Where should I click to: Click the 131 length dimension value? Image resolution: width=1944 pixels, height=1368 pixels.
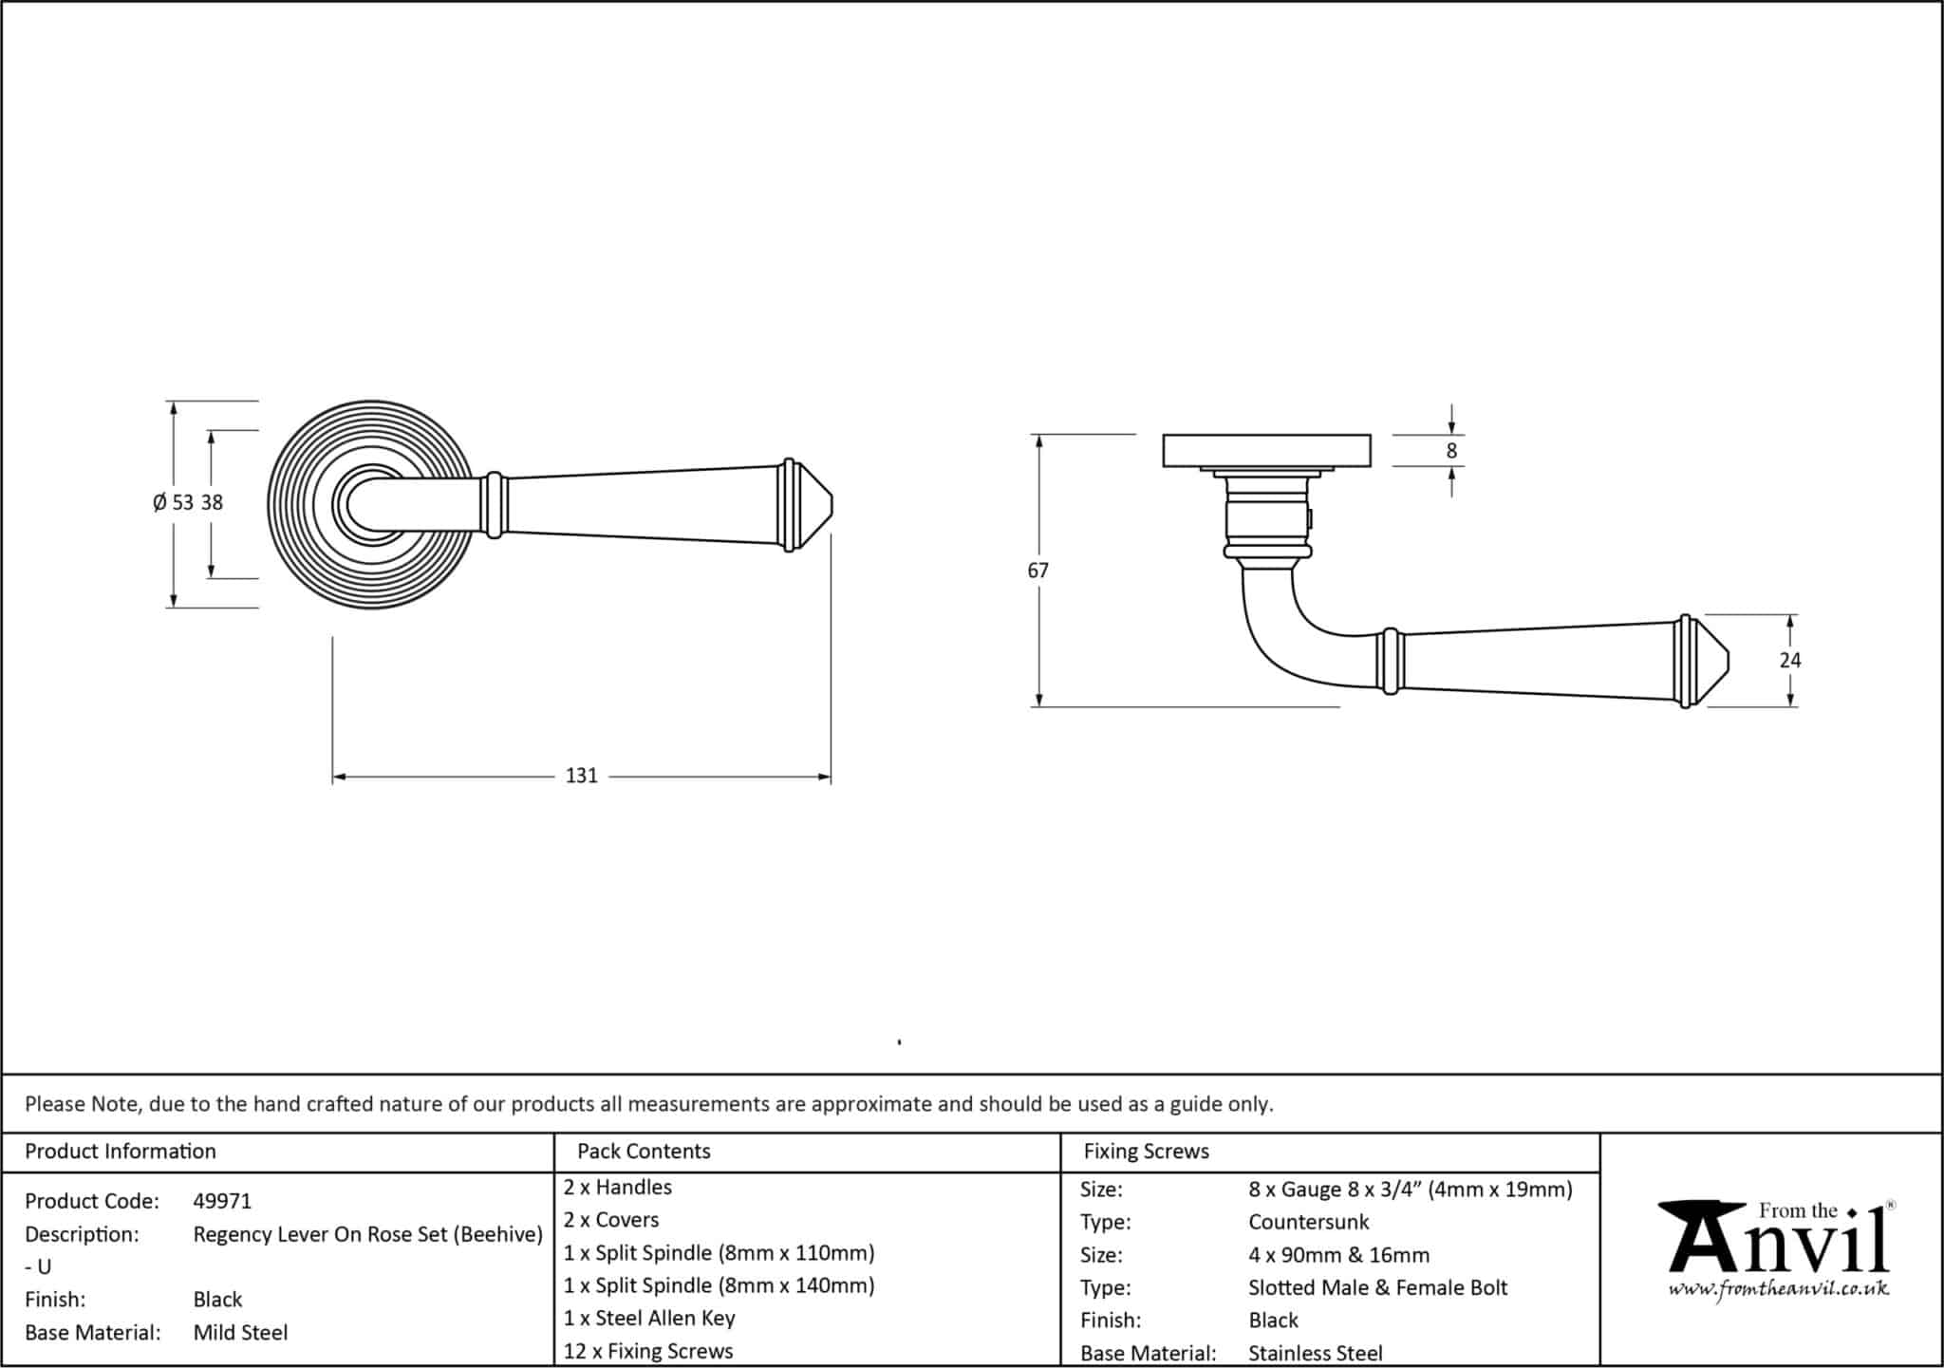coord(581,776)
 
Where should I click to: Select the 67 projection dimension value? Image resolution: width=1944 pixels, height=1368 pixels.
coord(1037,571)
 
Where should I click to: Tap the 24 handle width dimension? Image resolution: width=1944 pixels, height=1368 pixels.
coord(1789,660)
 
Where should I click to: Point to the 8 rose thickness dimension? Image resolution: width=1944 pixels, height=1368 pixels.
coord(1450,451)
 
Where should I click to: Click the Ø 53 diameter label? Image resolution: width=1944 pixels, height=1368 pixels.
coord(174,502)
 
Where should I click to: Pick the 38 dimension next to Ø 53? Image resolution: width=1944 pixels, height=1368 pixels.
coord(212,502)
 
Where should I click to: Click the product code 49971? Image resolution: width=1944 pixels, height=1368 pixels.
coord(222,1201)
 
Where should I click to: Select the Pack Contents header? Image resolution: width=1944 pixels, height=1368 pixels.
coord(644,1151)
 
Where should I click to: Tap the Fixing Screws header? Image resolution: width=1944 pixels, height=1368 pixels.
coord(1146,1151)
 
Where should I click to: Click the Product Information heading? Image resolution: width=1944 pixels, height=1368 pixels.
coord(121,1151)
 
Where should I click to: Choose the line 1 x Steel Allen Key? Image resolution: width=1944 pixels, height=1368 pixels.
coord(649,1318)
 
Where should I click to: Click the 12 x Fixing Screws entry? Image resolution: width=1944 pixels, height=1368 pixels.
coord(648,1350)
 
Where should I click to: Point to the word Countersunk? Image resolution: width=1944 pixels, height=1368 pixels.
coord(1308,1222)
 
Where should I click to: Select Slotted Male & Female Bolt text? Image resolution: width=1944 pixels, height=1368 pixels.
coord(1377,1287)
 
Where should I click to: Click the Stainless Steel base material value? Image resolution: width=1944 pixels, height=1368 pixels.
coord(1315,1353)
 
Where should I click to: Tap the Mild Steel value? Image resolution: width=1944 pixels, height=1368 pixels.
coord(240,1332)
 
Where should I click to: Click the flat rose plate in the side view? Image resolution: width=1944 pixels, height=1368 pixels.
coord(1265,450)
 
